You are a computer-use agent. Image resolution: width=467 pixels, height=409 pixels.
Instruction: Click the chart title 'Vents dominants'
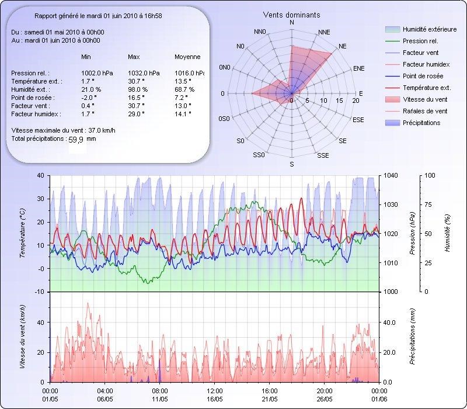(292, 15)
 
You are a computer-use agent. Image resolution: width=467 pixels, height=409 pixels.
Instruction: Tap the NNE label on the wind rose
(325, 32)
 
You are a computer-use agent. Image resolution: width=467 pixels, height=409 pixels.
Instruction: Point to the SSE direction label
(323, 156)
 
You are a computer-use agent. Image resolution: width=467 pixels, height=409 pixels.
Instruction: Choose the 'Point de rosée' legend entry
(423, 77)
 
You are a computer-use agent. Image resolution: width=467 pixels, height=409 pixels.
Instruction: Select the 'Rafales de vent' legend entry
(424, 111)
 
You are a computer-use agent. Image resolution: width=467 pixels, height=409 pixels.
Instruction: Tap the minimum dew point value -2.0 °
(88, 98)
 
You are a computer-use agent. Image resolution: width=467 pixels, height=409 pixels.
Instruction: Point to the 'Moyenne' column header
(187, 57)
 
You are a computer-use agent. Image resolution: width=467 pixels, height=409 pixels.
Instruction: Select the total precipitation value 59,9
(77, 140)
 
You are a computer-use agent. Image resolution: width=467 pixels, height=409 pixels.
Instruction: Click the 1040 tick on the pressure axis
(391, 175)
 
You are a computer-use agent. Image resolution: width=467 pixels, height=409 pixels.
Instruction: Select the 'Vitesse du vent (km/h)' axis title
(22, 336)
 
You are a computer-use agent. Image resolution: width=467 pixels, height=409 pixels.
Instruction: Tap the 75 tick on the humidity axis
(429, 204)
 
